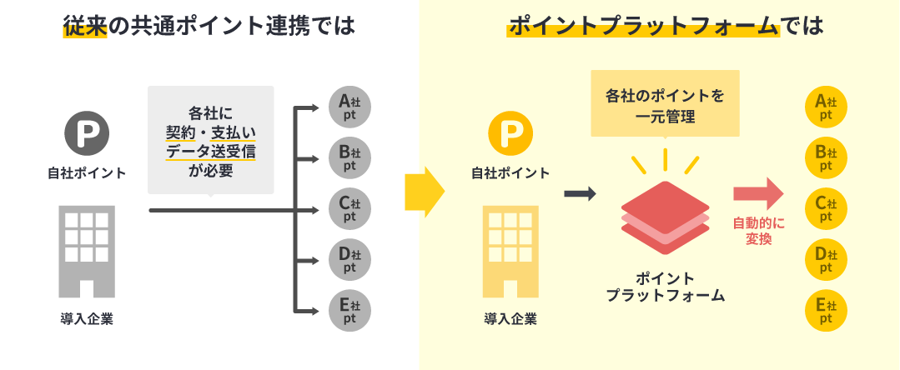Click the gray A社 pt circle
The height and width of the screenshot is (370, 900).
[349, 107]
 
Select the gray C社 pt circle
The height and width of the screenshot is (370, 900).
[349, 209]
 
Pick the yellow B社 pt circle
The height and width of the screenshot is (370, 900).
[826, 157]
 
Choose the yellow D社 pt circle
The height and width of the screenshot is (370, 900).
[826, 259]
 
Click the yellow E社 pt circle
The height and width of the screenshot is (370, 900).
[826, 310]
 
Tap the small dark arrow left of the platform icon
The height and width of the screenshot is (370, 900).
[580, 193]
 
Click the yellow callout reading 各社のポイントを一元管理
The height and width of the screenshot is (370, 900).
[665, 106]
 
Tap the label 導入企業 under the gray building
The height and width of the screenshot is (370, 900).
[87, 318]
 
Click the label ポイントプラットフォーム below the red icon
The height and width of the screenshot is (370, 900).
[665, 287]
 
